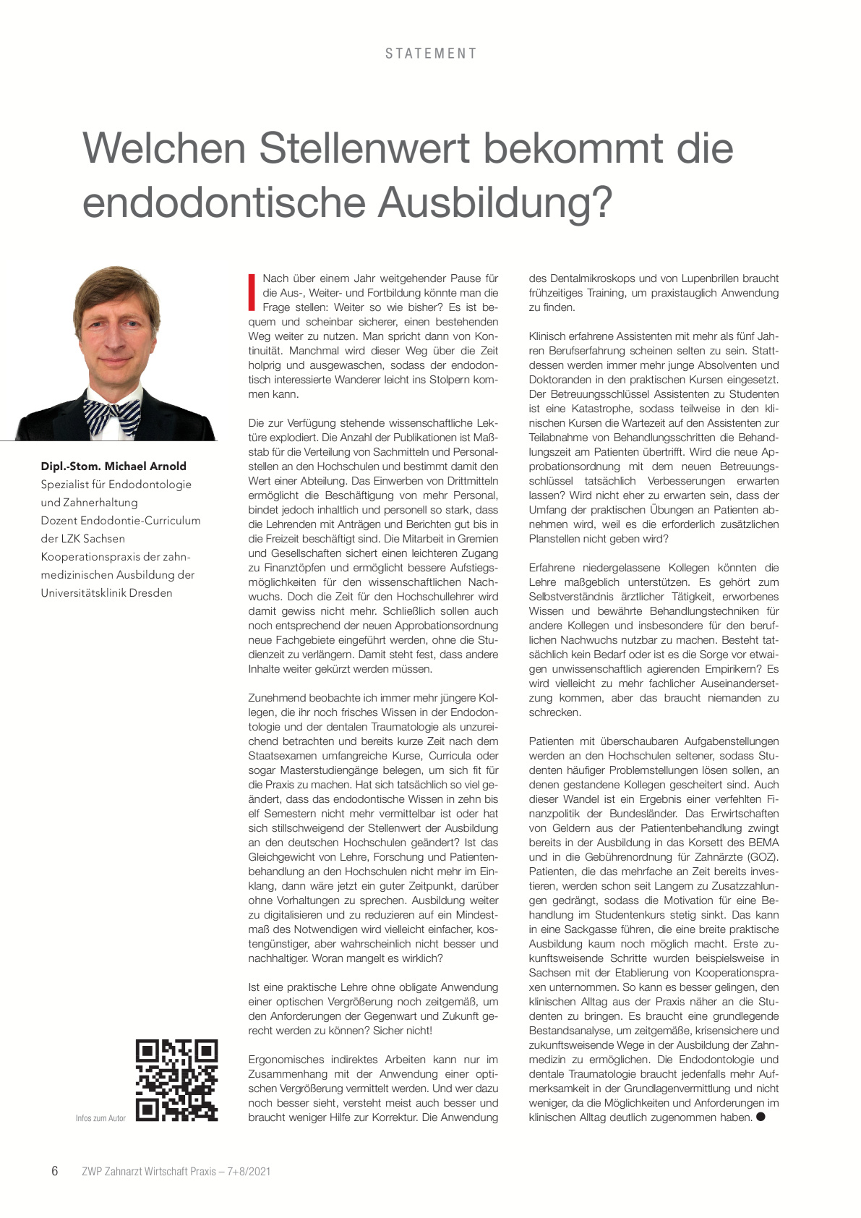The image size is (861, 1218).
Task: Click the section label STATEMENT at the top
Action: (x=431, y=54)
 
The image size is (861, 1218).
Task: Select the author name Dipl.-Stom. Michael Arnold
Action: (x=113, y=467)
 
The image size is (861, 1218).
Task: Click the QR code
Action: (x=177, y=1081)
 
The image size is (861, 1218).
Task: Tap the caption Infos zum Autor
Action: (x=100, y=1118)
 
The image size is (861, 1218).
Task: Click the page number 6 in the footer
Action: (x=55, y=1171)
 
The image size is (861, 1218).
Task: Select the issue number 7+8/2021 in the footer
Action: (x=249, y=1172)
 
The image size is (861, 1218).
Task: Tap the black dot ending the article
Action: (x=761, y=1117)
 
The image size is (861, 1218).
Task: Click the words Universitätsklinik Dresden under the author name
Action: (x=107, y=593)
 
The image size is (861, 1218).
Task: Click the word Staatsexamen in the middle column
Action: (x=280, y=756)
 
